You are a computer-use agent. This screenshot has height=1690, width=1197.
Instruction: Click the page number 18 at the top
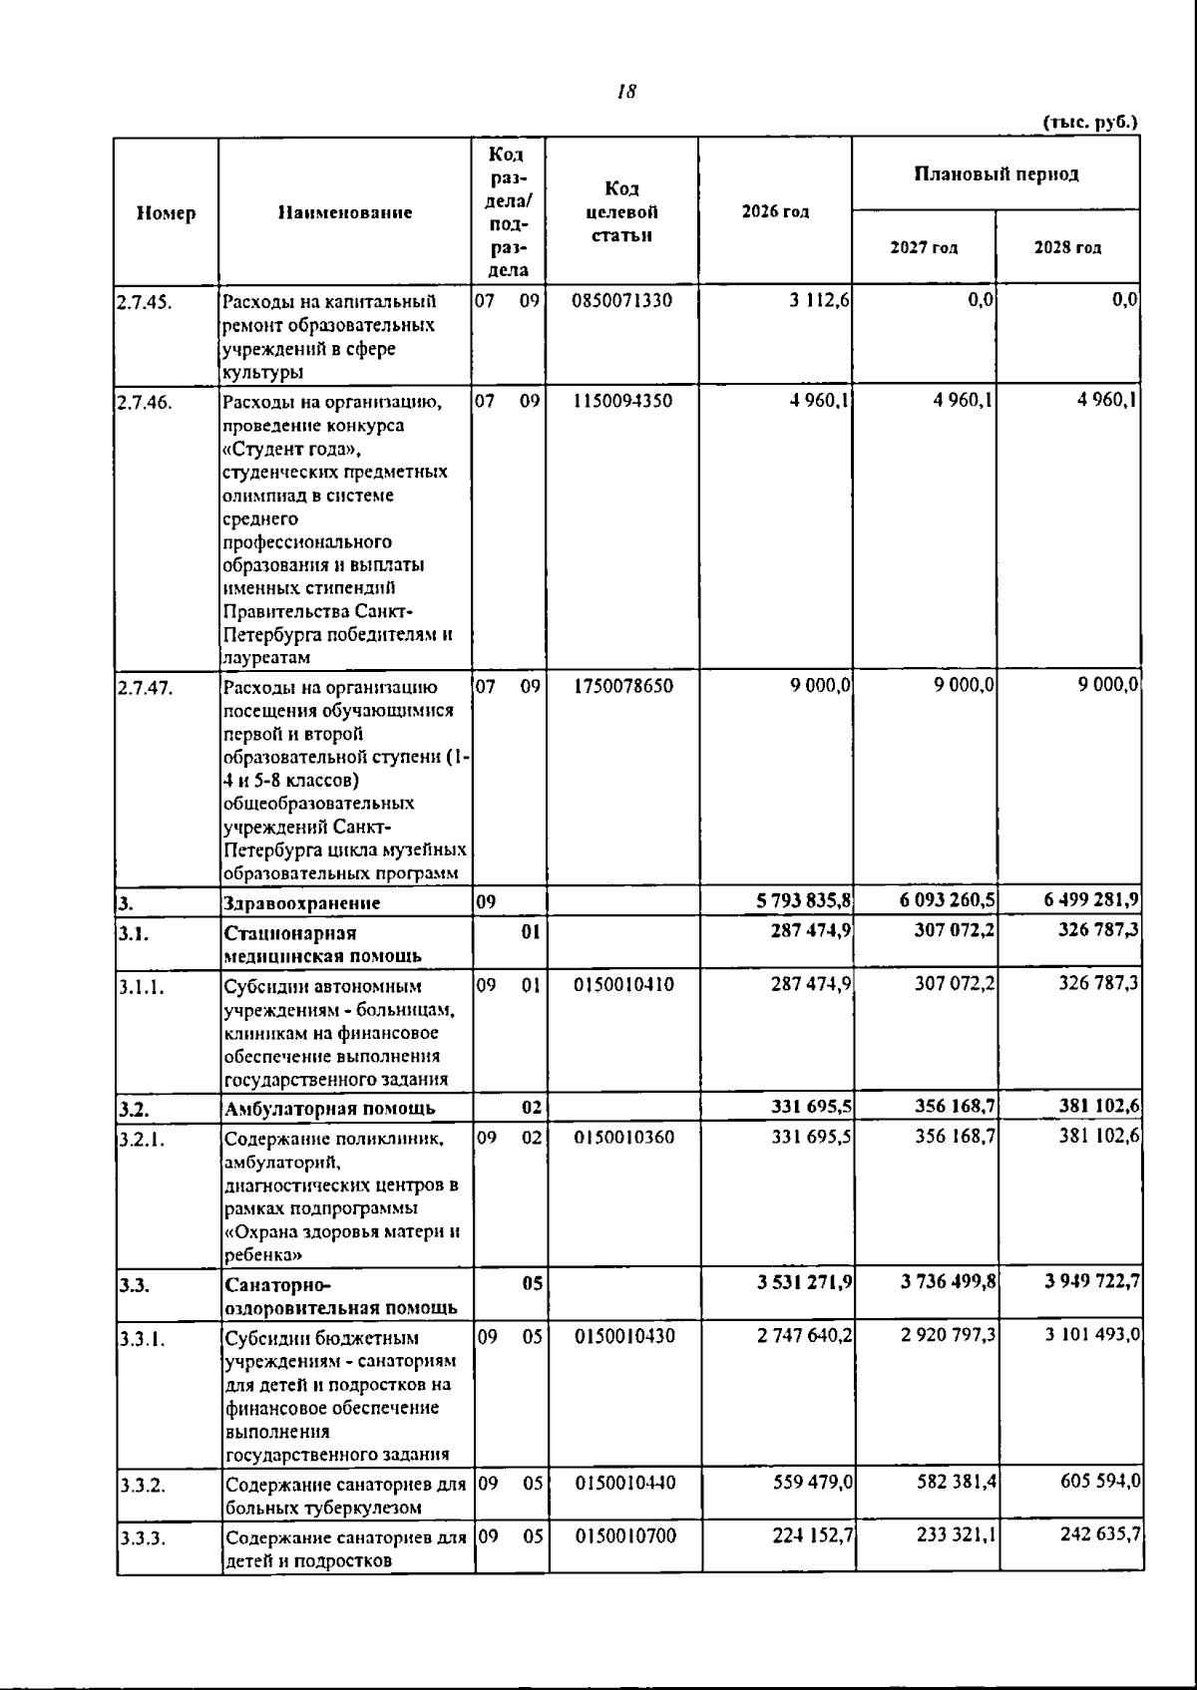(x=626, y=93)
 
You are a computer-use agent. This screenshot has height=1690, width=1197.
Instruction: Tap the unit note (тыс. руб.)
(x=1089, y=123)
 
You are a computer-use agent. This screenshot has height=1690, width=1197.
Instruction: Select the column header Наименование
(x=345, y=212)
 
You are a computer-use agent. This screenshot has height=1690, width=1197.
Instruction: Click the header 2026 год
(x=775, y=211)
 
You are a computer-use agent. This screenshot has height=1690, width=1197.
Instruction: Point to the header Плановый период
(x=997, y=174)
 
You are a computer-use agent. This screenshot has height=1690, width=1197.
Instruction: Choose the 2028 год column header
(x=1067, y=247)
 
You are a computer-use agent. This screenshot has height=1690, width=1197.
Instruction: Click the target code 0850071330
(x=622, y=300)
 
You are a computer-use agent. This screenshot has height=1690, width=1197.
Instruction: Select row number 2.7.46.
(x=146, y=403)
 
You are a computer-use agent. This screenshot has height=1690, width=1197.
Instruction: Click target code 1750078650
(x=622, y=686)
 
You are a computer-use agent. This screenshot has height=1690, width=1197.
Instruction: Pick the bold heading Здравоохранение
(x=302, y=903)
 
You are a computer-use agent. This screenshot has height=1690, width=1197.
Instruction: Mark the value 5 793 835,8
(x=803, y=901)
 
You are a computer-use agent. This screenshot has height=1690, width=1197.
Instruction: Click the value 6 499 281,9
(x=1091, y=901)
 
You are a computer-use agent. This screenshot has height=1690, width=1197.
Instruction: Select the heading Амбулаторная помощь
(x=329, y=1109)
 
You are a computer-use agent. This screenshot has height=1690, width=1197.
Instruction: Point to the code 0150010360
(x=624, y=1137)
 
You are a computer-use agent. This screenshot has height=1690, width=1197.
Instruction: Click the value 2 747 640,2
(x=804, y=1335)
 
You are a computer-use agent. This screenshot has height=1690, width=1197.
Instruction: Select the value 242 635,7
(x=1100, y=1535)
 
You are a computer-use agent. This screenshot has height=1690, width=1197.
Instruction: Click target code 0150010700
(x=625, y=1536)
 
